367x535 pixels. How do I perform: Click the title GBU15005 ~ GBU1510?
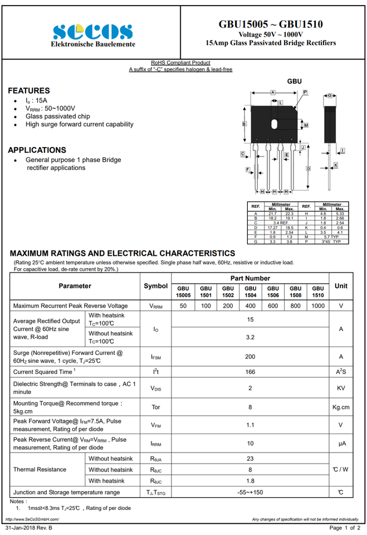pos(271,24)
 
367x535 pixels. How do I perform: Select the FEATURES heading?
pos(29,90)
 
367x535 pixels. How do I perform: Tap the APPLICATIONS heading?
pos(37,150)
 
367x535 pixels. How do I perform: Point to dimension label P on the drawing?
pos(306,92)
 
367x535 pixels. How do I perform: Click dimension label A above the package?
pos(273,92)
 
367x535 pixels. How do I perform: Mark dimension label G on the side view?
pos(330,96)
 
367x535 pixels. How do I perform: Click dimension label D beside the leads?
pos(308,168)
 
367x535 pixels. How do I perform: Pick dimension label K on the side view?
pos(336,165)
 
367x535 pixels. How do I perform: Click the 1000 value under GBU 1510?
pos(317,306)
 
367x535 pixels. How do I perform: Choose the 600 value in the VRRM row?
pos(273,306)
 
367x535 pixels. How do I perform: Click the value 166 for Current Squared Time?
pos(250,372)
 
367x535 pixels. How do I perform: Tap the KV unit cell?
pos(341,388)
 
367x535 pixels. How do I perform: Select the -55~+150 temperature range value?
pos(250,493)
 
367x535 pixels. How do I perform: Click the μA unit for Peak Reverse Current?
pos(341,444)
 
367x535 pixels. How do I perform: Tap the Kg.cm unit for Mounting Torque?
pos(341,407)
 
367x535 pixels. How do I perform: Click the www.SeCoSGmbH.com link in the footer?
pos(32,519)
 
